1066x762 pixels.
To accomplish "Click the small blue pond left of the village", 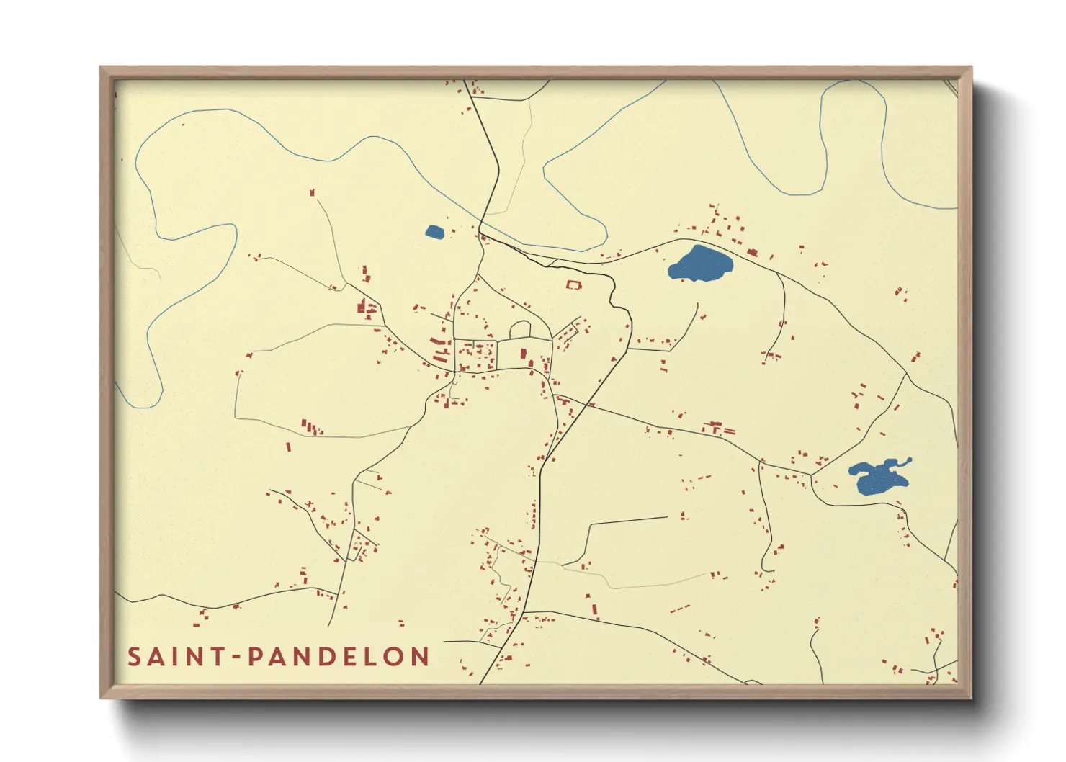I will pyautogui.click(x=434, y=232).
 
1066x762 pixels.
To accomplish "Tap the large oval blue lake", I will pyautogui.click(x=699, y=264).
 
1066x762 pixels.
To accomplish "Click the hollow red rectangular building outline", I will pyautogui.click(x=573, y=285).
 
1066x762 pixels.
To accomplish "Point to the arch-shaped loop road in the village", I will pyautogui.click(x=520, y=329).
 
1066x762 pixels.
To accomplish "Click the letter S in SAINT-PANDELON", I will pyautogui.click(x=135, y=657).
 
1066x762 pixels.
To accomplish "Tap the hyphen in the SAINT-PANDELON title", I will pyautogui.click(x=236, y=657).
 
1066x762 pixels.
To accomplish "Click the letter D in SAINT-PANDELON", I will pyautogui.click(x=329, y=657).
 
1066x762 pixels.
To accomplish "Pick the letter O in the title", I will pyautogui.click(x=394, y=657).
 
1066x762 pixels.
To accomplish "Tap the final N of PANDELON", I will pyautogui.click(x=421, y=657).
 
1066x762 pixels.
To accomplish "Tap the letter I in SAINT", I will pyautogui.click(x=176, y=657).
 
